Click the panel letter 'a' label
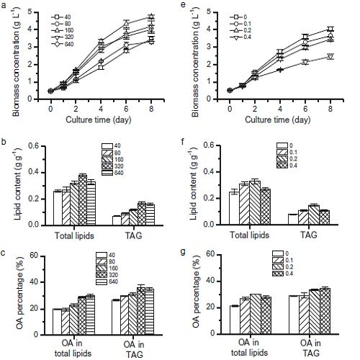[x=4, y=5]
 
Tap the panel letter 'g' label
[x=183, y=253]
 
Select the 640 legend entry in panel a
[x=63, y=44]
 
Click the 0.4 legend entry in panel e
[x=240, y=37]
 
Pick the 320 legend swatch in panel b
[x=107, y=166]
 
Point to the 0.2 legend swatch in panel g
[x=278, y=267]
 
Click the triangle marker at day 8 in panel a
[x=151, y=17]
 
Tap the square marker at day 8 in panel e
[x=330, y=30]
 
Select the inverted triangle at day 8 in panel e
[x=330, y=57]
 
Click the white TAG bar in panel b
[x=117, y=220]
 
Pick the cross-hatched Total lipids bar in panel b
[x=83, y=200]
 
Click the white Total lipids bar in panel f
[x=234, y=208]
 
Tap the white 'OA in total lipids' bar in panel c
[x=57, y=322]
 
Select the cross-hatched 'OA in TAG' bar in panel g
[x=325, y=311]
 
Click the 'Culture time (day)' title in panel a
[x=99, y=120]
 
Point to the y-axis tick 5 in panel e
[x=209, y=12]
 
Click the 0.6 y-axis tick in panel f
[x=209, y=145]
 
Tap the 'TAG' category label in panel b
[x=134, y=235]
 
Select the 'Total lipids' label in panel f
[x=250, y=235]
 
